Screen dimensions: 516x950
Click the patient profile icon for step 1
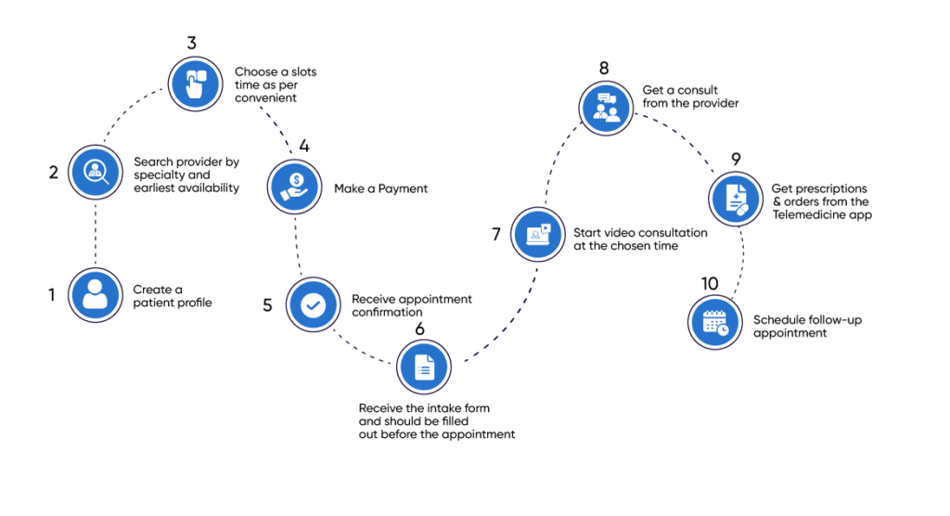pos(96,295)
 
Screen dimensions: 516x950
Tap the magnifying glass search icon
pos(96,172)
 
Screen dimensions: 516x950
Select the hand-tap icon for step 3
pos(195,84)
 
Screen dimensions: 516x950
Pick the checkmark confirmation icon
pos(314,305)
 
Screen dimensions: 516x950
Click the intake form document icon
pos(424,368)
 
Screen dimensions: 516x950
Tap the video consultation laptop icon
pos(538,233)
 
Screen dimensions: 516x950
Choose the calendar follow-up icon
pos(715,321)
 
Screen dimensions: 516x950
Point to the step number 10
pos(710,282)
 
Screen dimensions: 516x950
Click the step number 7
pos(496,234)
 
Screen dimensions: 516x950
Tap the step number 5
pos(267,305)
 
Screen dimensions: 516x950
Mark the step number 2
pos(54,172)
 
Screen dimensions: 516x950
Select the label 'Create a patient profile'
pos(173,295)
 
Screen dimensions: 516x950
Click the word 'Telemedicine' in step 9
pos(808,214)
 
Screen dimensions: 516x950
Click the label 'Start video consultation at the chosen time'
pos(641,239)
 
